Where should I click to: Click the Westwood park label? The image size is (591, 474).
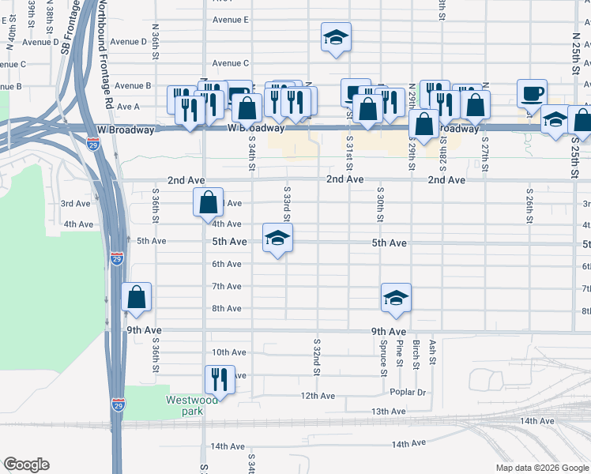click(180, 405)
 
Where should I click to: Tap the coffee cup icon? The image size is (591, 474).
click(533, 93)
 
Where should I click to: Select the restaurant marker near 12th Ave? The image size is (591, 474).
click(220, 380)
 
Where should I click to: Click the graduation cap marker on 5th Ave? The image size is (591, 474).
click(277, 238)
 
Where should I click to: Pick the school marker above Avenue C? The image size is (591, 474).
click(336, 38)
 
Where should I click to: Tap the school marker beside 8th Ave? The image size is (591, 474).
click(396, 298)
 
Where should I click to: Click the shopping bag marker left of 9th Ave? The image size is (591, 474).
click(136, 298)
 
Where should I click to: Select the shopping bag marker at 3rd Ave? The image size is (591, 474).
click(207, 202)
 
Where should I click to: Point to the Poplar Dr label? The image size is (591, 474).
click(408, 393)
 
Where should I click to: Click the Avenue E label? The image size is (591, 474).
click(231, 19)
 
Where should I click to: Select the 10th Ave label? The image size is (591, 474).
click(229, 352)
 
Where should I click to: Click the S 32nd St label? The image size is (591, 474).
click(316, 359)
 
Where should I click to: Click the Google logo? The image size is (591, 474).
click(26, 465)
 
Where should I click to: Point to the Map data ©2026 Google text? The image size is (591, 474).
click(542, 468)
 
